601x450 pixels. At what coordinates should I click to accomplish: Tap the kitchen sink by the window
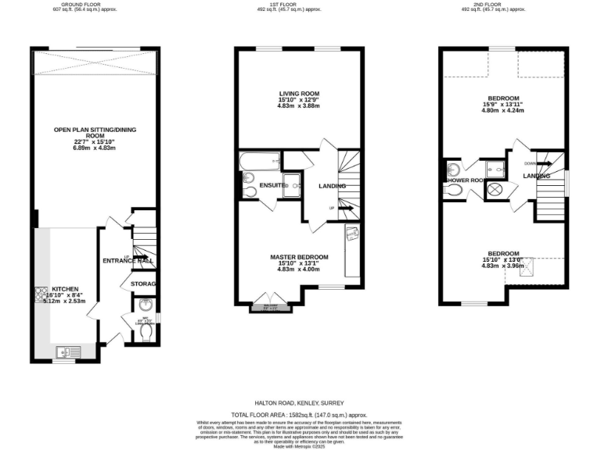click(x=63, y=351)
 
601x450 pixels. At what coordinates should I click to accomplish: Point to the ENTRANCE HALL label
click(x=127, y=260)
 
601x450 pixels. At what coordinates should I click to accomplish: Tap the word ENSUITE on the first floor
click(x=272, y=185)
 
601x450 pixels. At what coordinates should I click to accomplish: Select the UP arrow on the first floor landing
click(x=345, y=209)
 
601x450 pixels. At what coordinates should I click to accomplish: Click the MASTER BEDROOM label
click(x=299, y=257)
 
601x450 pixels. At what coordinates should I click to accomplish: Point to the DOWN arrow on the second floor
click(x=542, y=163)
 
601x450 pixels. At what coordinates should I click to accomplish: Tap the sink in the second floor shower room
click(x=453, y=170)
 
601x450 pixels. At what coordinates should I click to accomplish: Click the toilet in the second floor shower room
click(x=452, y=189)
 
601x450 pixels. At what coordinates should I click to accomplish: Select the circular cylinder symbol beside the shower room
click(x=495, y=190)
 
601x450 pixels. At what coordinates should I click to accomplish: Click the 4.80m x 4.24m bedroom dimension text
click(x=503, y=110)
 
